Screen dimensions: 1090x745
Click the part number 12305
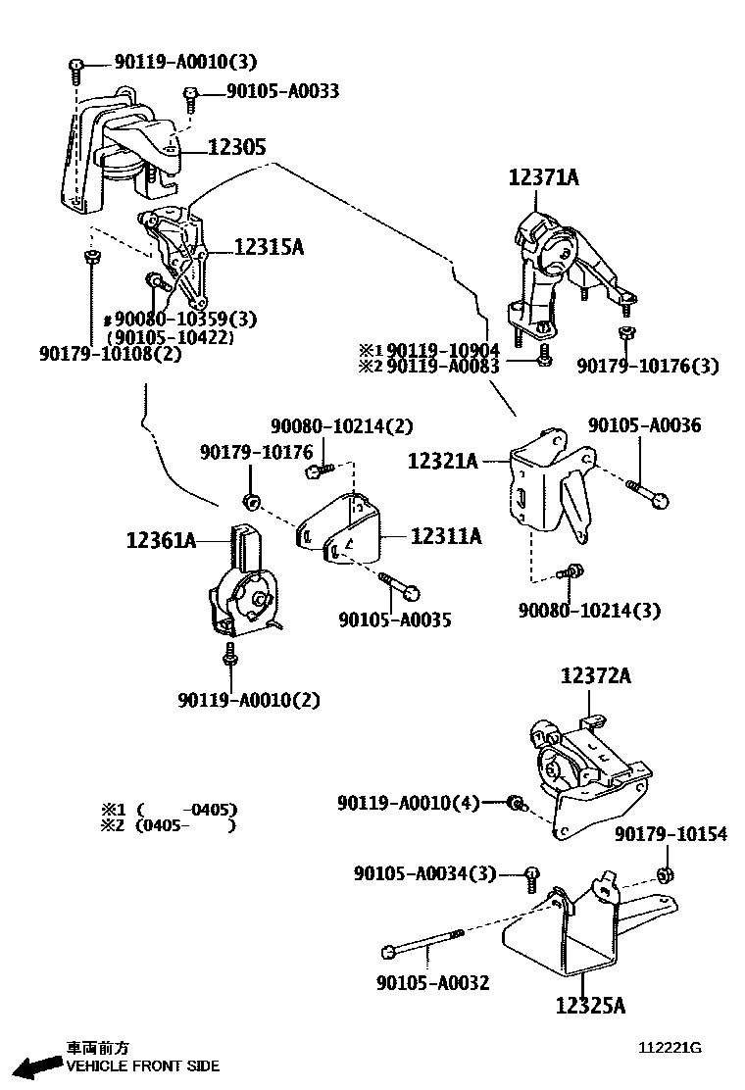point(237,147)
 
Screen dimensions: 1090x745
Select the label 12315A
point(269,248)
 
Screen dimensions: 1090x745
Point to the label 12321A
point(443,459)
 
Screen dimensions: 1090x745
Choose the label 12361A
point(162,538)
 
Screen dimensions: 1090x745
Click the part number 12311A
point(446,536)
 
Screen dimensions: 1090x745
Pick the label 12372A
point(596,675)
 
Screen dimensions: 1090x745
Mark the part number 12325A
point(590,1005)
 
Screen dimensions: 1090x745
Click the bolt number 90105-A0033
point(283,91)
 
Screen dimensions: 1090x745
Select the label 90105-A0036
point(644,425)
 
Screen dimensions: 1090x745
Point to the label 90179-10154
point(671,834)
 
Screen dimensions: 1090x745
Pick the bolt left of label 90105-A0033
point(190,94)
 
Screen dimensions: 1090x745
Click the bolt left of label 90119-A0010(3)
point(76,66)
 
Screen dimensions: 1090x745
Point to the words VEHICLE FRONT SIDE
point(143,1065)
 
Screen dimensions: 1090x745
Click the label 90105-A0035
point(395,620)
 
